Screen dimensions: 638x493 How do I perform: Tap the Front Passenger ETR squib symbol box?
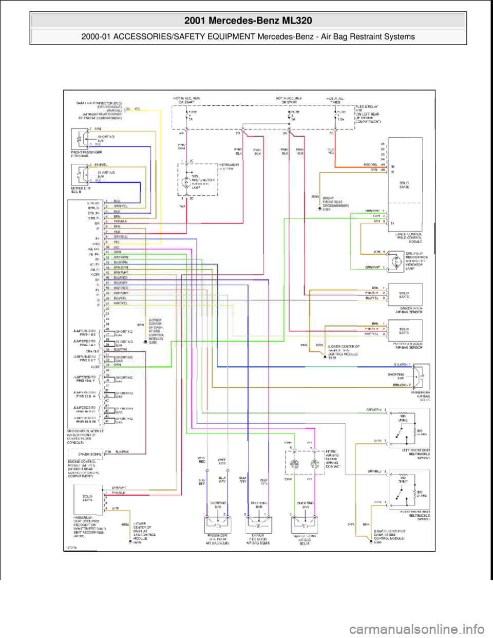pyautogui.click(x=79, y=138)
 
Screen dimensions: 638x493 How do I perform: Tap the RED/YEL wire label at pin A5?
pyautogui.click(x=371, y=165)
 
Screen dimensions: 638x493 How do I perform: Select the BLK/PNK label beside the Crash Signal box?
pyautogui.click(x=121, y=452)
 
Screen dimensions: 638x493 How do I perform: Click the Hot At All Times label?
pyautogui.click(x=337, y=100)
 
